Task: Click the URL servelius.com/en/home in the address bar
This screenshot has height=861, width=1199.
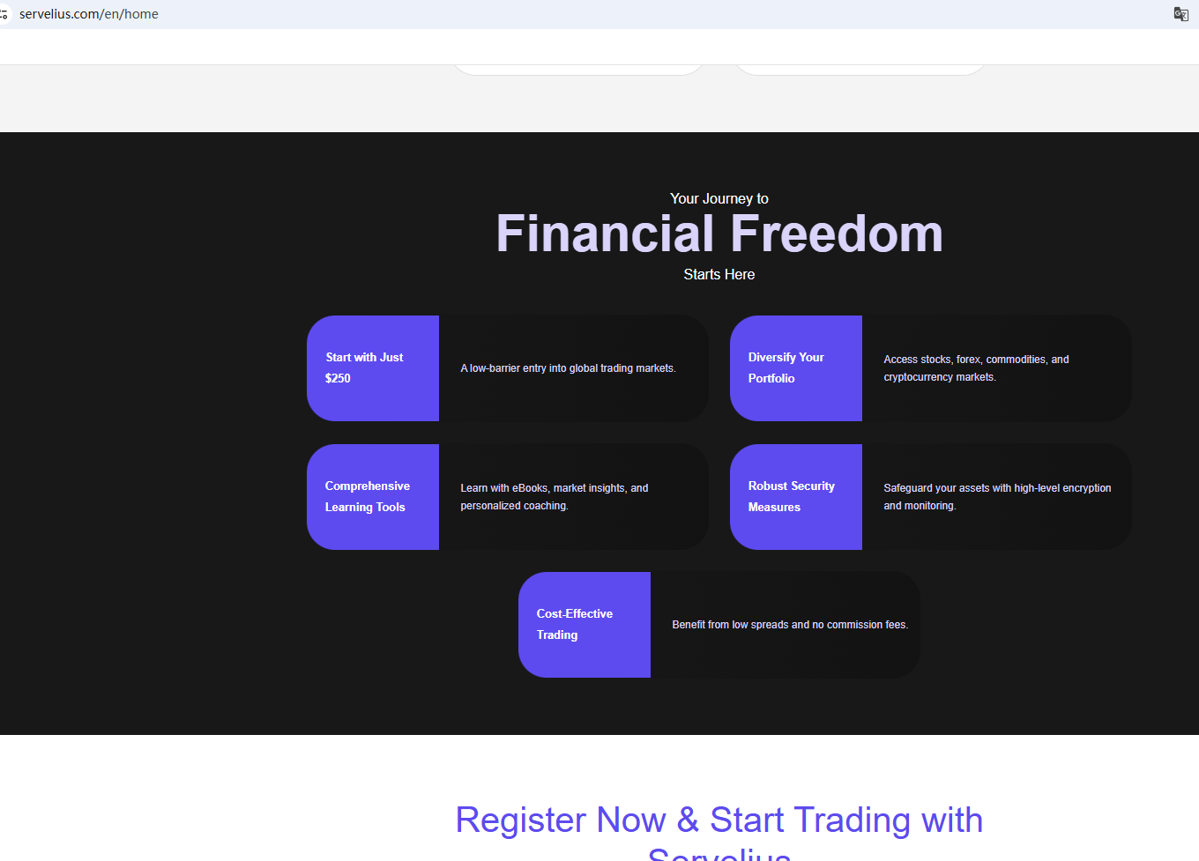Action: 89,14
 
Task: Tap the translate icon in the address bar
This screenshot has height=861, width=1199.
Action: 1180,14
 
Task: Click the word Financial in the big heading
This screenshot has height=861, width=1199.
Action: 605,234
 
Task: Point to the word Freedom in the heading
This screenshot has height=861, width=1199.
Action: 836,234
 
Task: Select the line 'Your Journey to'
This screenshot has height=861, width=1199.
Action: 719,198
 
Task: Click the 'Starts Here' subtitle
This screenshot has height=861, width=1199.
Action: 719,274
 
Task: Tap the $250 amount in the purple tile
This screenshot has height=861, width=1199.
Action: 338,378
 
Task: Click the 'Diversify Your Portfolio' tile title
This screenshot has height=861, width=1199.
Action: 786,367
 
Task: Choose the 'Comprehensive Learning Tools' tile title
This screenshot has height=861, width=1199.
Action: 367,496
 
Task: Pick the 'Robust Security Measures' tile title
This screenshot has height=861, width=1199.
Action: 791,496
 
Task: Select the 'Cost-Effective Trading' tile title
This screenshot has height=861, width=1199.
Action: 574,624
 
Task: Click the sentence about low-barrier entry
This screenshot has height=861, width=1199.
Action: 568,368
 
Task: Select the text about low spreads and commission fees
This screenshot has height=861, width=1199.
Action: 790,625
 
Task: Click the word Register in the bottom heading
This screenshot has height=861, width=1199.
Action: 521,820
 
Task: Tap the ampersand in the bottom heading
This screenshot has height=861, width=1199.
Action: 688,820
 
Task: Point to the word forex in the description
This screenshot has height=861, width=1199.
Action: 968,360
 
